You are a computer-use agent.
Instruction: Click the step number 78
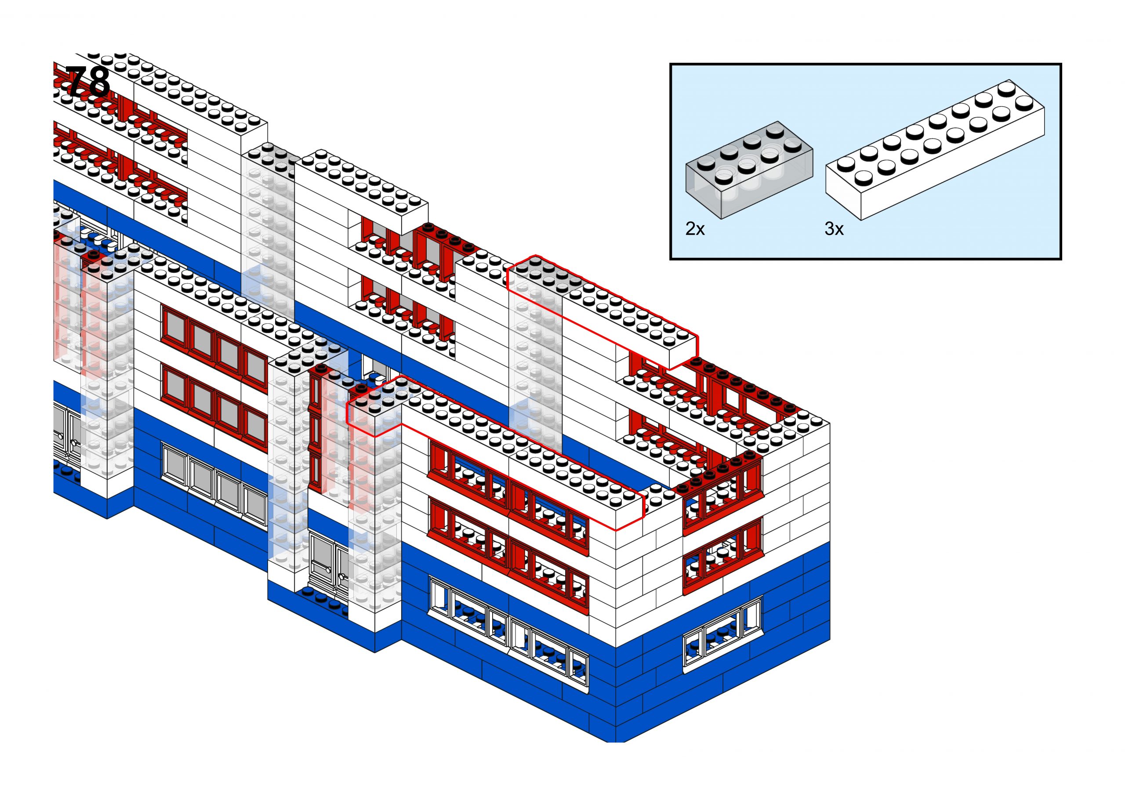point(87,82)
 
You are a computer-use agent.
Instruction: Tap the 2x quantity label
point(695,228)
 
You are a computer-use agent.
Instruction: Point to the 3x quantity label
point(834,228)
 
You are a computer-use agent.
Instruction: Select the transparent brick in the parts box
point(749,169)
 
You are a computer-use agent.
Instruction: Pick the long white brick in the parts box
point(935,149)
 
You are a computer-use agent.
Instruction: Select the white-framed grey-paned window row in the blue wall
point(215,482)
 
